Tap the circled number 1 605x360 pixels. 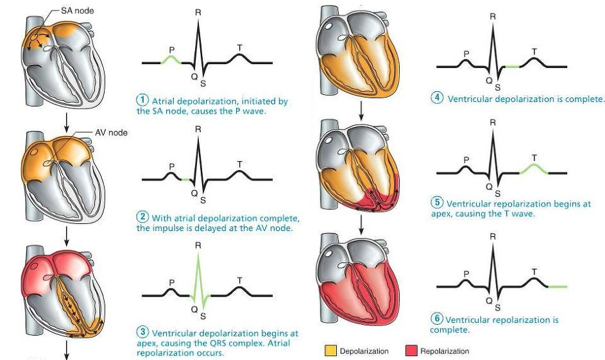pyautogui.click(x=143, y=101)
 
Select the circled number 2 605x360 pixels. pyautogui.click(x=143, y=217)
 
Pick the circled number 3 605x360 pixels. pyautogui.click(x=143, y=332)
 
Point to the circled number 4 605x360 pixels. pyautogui.click(x=438, y=99)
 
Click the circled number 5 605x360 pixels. pyautogui.click(x=438, y=203)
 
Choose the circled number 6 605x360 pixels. pyautogui.click(x=438, y=320)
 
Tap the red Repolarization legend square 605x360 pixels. pyautogui.click(x=411, y=351)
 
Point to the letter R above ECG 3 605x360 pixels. pyautogui.click(x=198, y=245)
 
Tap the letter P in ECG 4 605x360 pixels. pyautogui.click(x=466, y=53)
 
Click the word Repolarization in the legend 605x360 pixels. pyautogui.click(x=444, y=351)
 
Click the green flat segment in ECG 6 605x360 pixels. pyautogui.click(x=556, y=286)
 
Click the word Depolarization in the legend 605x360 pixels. pyautogui.click(x=364, y=351)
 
